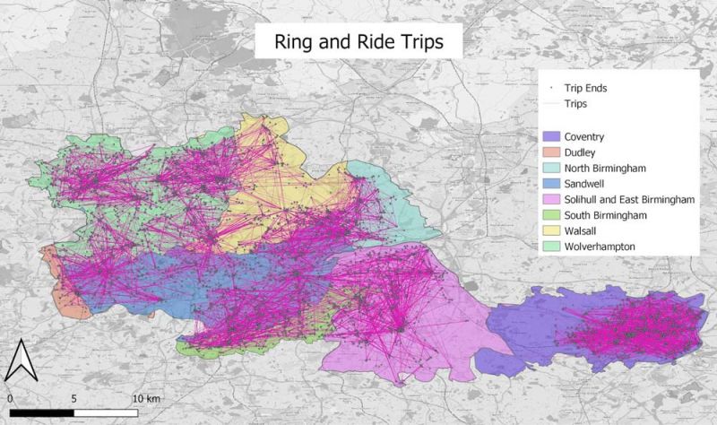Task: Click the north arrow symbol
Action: (x=19, y=363)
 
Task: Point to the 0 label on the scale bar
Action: (x=9, y=395)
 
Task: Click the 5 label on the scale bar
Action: (x=73, y=395)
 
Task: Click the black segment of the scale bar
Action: (x=41, y=412)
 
